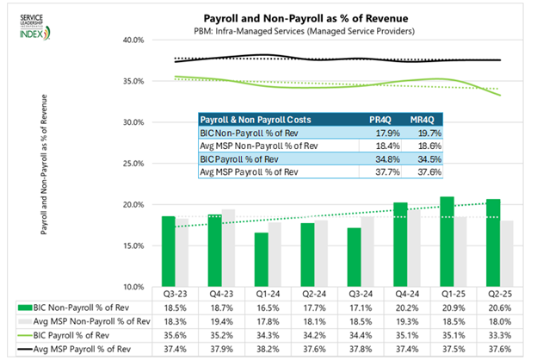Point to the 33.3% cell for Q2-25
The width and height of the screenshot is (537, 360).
tap(492, 336)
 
